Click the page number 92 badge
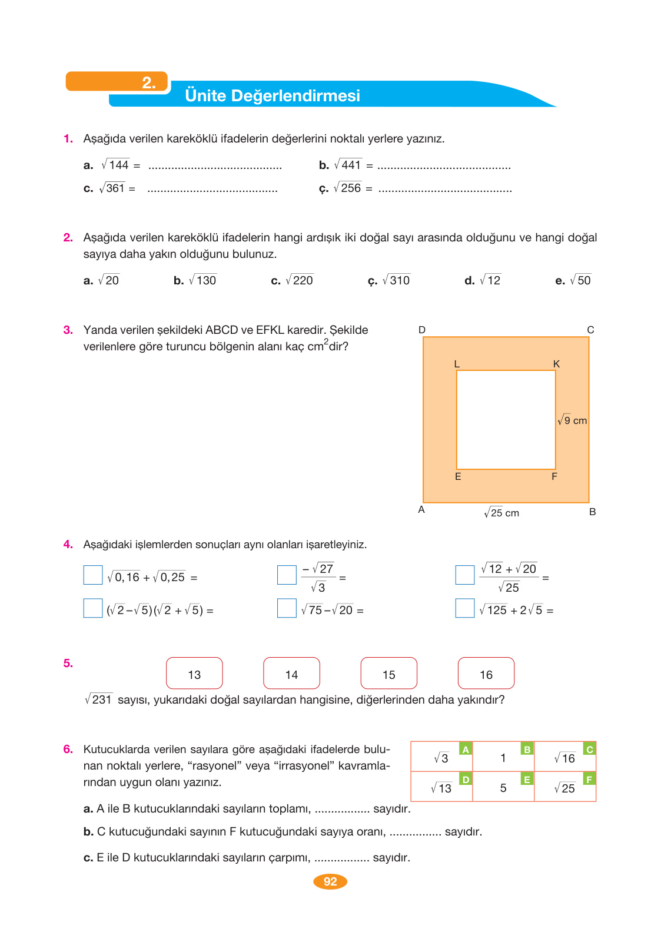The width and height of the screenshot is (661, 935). [x=330, y=881]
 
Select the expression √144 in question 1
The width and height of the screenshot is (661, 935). [x=115, y=165]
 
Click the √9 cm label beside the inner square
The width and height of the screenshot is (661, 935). [x=572, y=420]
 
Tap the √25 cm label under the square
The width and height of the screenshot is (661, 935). [x=501, y=513]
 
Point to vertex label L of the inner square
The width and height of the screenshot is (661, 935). [x=457, y=364]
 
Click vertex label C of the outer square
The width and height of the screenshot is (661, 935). [x=590, y=330]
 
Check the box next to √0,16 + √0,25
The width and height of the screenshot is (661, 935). [x=93, y=575]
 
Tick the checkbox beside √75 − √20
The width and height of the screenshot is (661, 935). [x=287, y=608]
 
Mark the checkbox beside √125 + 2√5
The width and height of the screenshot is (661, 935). [x=465, y=608]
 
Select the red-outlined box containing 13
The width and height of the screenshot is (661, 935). [x=194, y=673]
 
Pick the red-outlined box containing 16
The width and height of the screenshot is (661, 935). [x=486, y=673]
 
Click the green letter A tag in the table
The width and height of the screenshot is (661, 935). [x=466, y=750]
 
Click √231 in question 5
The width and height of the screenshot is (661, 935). [x=98, y=699]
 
